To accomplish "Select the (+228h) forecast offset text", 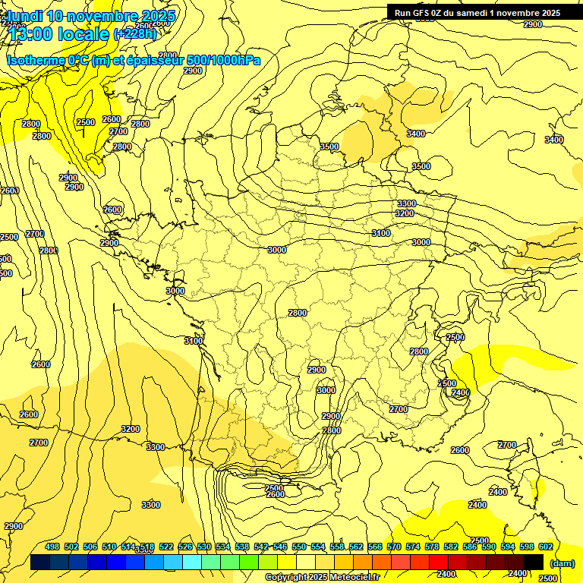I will pos(135,33).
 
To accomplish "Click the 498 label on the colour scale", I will pos(52,547).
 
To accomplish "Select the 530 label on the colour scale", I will pos(204,547).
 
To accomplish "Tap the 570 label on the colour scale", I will pos(393,547).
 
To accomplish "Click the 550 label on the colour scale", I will pos(299,547).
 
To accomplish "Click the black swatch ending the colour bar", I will pos(534,562).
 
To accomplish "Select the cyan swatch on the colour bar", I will pos(192,562).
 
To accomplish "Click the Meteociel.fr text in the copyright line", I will pos(354,578).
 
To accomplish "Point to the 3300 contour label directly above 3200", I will pos(407,203).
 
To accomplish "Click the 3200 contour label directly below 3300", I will pos(405,214).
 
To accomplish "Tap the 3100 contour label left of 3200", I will pos(381,233).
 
